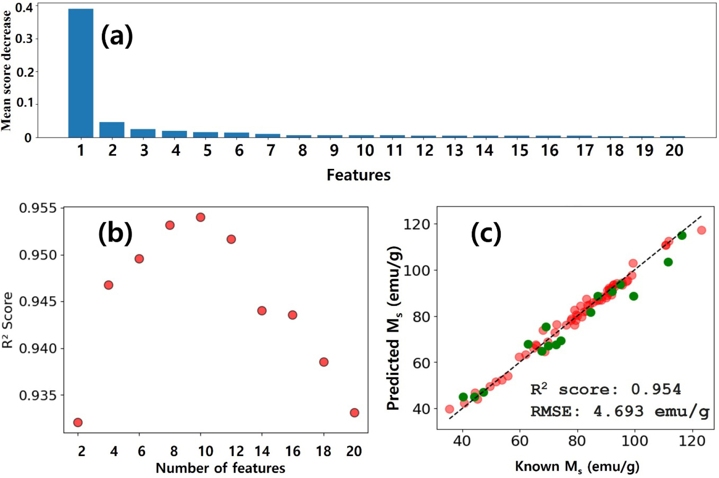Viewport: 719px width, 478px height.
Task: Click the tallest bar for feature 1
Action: pos(81,73)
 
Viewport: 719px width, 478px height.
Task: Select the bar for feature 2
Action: pos(112,130)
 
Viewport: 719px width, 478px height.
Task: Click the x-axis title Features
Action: pos(358,175)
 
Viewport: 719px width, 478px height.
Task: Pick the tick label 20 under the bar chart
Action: pos(674,151)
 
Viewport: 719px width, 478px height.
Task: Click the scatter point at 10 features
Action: pos(200,217)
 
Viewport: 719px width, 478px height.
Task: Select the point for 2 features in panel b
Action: pos(78,422)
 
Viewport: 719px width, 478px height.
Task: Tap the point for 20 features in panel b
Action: pos(354,413)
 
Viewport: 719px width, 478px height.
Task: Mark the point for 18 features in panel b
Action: pos(324,362)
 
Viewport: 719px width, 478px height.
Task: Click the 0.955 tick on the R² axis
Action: pos(38,208)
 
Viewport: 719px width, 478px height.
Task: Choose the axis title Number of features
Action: pos(220,468)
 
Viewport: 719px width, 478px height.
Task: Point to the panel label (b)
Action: pos(115,233)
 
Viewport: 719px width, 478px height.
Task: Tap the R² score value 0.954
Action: pos(656,389)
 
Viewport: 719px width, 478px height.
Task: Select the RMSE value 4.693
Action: pos(618,411)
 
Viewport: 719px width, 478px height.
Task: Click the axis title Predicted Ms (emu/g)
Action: pos(394,328)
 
